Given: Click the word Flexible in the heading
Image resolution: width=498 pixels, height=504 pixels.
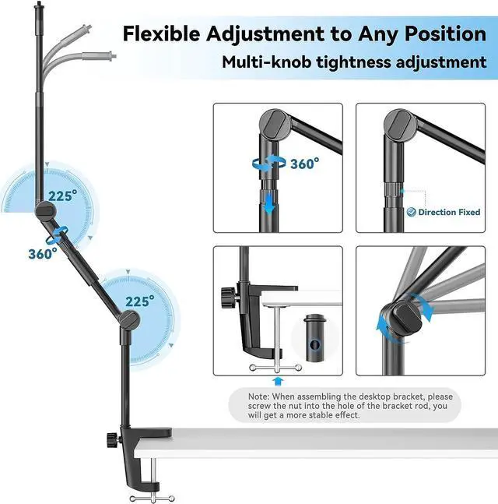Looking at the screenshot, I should click(x=160, y=33).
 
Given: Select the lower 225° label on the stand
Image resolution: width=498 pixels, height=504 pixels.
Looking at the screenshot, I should click(x=139, y=300).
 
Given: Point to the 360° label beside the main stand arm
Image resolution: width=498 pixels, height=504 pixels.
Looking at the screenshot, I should click(x=43, y=253).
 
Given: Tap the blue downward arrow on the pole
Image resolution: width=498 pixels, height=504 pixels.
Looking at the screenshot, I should click(x=268, y=204).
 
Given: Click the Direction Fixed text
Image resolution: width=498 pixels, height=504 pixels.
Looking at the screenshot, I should click(x=449, y=212).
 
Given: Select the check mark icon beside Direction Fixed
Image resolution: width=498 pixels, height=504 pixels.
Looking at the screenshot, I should click(x=411, y=212).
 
